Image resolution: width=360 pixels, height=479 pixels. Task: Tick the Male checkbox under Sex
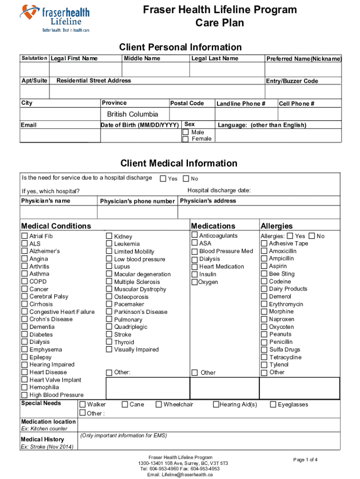point(186,132)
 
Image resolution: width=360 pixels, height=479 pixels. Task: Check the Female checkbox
point(186,139)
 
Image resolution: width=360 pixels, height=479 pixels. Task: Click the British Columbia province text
point(132,114)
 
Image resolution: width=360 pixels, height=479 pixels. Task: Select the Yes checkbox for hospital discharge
point(163,178)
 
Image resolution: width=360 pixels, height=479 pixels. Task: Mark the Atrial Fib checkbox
point(25,236)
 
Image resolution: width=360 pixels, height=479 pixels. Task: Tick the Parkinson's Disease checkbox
point(109,312)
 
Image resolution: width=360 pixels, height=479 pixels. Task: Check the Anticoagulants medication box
point(195,236)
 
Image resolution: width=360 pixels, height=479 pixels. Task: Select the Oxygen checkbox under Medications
point(195,282)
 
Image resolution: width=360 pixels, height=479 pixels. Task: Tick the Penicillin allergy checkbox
point(264,342)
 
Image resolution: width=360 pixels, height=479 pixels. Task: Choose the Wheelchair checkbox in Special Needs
point(159,404)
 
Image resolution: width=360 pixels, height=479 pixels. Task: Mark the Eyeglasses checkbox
point(274,404)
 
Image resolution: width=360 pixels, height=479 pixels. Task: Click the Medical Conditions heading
point(56,226)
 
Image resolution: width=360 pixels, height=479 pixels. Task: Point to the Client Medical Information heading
point(179,163)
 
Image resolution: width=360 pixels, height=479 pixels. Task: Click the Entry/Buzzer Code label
point(292,81)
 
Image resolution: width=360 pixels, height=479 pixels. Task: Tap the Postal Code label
point(187,103)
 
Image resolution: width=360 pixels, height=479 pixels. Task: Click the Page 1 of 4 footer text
point(305,460)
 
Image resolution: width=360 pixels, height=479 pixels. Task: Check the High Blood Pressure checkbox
point(25,395)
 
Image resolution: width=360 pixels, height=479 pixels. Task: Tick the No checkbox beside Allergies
point(312,236)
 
